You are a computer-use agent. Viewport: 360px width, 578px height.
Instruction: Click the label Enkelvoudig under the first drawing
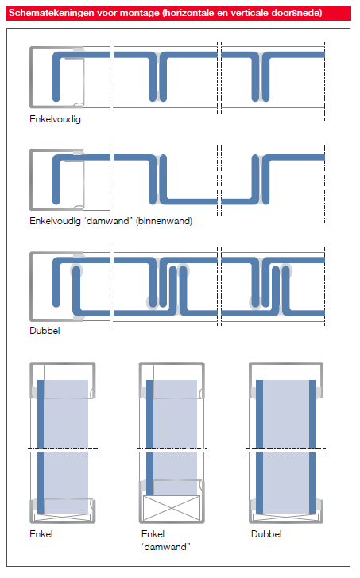click(x=56, y=119)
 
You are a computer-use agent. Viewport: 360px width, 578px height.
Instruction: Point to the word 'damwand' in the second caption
click(x=108, y=221)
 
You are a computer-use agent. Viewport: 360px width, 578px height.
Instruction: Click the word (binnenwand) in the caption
click(x=164, y=221)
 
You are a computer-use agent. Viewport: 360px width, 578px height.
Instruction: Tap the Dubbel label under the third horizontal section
click(x=45, y=331)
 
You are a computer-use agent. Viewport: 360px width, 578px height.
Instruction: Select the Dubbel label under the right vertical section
click(x=266, y=534)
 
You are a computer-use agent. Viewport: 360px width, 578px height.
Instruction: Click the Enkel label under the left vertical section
click(x=41, y=534)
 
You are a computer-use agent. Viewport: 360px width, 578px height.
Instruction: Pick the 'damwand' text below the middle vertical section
click(x=166, y=547)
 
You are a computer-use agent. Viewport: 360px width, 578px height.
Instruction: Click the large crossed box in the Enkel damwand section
click(x=172, y=508)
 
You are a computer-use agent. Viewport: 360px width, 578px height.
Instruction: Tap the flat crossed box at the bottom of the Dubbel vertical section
click(x=285, y=517)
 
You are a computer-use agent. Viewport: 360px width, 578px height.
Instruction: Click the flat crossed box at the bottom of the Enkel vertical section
click(x=62, y=517)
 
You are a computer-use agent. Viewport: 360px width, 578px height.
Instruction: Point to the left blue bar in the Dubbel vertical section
click(x=259, y=447)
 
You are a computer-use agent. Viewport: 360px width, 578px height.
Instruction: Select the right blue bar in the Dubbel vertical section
click(x=312, y=447)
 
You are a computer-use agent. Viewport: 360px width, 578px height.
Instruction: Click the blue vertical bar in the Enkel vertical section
click(x=41, y=447)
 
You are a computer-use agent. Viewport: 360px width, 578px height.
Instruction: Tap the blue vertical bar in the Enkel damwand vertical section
click(x=149, y=438)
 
